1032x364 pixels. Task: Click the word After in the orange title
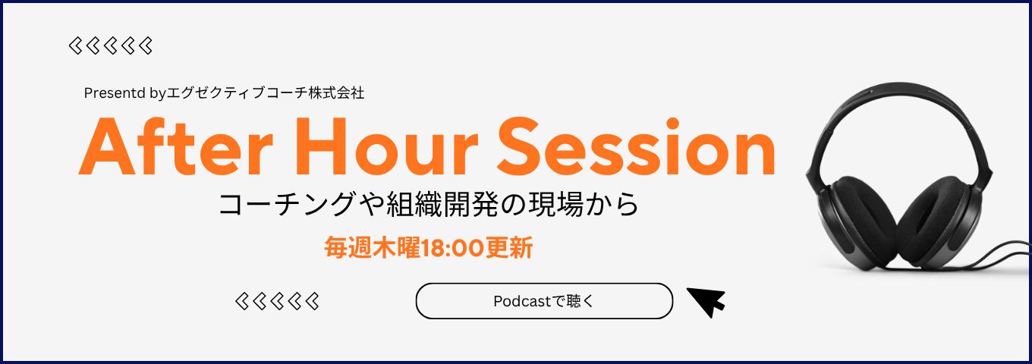point(175,147)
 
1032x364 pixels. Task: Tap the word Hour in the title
point(386,147)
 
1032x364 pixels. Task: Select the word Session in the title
point(637,146)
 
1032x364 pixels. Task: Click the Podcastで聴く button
point(544,301)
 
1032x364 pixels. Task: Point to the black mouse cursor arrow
point(707,302)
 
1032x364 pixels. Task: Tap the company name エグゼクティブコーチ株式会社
point(266,93)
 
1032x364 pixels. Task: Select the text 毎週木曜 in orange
point(373,248)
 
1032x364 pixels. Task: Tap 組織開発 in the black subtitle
point(442,204)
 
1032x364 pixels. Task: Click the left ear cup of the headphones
point(859,221)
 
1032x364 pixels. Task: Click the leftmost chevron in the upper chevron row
point(75,45)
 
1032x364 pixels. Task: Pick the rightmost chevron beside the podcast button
point(313,301)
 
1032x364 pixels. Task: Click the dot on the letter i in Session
point(672,124)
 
